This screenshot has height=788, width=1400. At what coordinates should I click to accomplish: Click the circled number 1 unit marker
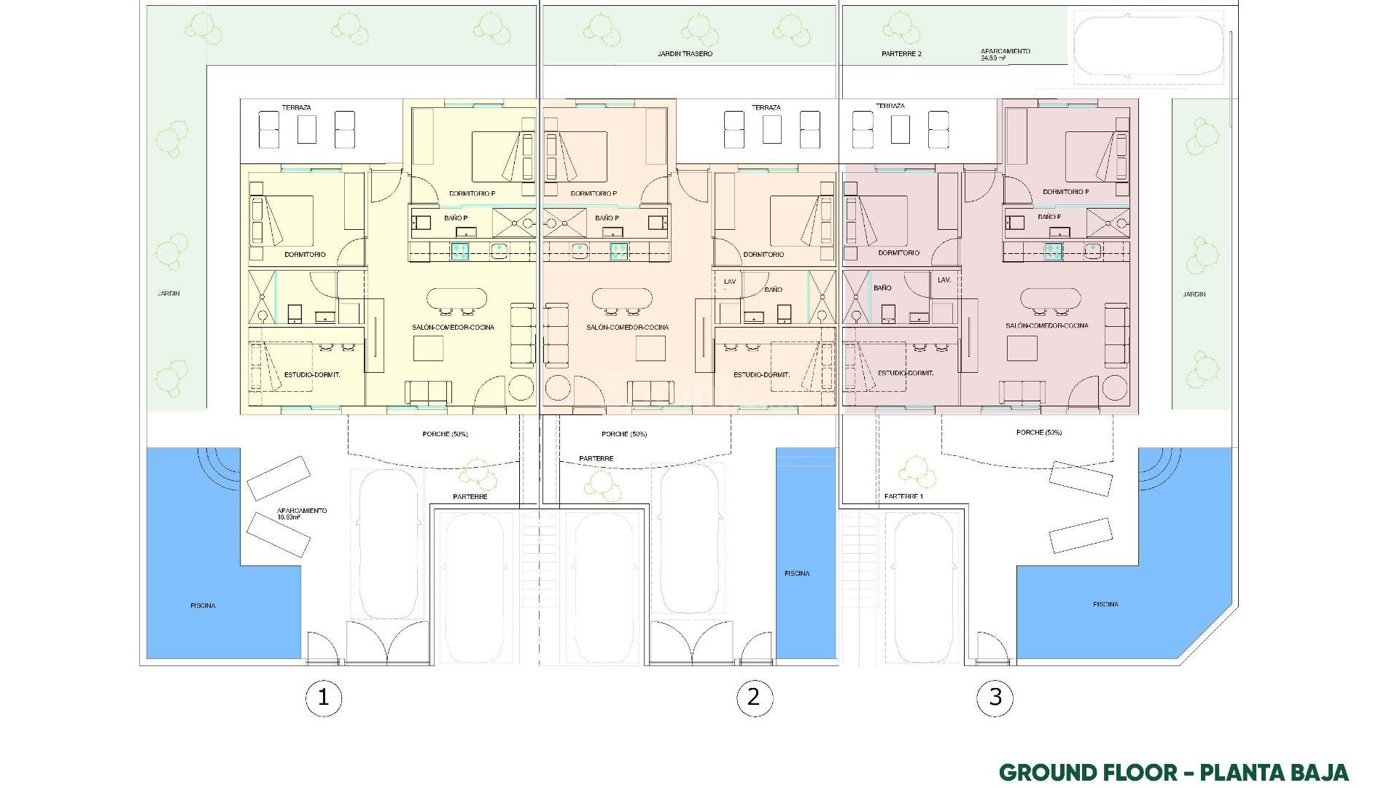[x=323, y=698]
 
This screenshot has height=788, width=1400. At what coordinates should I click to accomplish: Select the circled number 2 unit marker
[x=753, y=698]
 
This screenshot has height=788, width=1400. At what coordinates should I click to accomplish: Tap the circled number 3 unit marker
[x=995, y=698]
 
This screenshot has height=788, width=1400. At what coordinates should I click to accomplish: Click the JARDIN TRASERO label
[x=685, y=54]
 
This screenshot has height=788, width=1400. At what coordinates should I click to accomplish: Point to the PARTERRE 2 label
[x=901, y=54]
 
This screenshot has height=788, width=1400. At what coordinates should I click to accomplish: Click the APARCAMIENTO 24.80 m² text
[x=1005, y=55]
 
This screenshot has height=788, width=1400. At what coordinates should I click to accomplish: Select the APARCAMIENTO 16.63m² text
[x=302, y=514]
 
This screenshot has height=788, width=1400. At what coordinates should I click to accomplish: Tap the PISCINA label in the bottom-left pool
[x=203, y=606]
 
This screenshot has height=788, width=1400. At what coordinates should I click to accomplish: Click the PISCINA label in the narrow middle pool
[x=797, y=573]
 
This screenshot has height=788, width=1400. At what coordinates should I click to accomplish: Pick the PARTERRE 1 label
[x=903, y=496]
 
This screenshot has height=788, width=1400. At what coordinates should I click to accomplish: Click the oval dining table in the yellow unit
[x=456, y=298]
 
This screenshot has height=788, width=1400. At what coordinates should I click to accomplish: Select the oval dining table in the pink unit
[x=1050, y=298]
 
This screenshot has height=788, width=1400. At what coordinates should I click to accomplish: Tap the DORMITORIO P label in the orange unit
[x=594, y=194]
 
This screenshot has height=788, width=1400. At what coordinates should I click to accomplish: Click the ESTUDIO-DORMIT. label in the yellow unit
[x=312, y=374]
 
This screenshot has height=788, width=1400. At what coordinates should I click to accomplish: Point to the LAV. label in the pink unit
[x=944, y=280]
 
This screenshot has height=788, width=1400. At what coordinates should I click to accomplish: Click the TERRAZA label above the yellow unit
[x=296, y=108]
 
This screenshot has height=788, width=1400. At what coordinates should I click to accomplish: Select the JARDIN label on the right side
[x=1194, y=295]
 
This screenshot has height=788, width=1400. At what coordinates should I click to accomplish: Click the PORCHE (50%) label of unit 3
[x=1038, y=433]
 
